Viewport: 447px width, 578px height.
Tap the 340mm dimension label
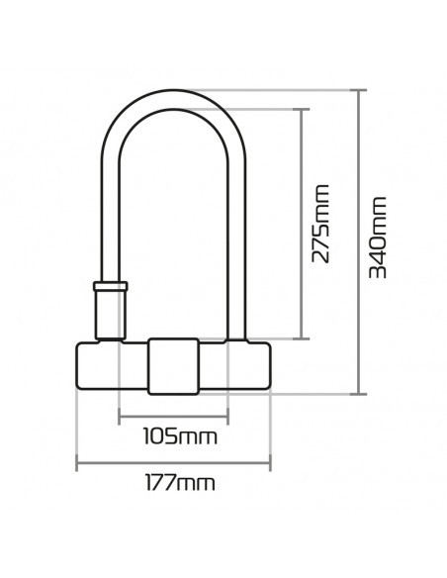[377, 238]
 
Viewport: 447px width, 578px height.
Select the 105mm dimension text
[174, 435]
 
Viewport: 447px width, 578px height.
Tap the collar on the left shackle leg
[110, 288]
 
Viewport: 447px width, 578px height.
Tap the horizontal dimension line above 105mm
[174, 414]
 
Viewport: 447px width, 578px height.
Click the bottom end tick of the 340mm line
[358, 393]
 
